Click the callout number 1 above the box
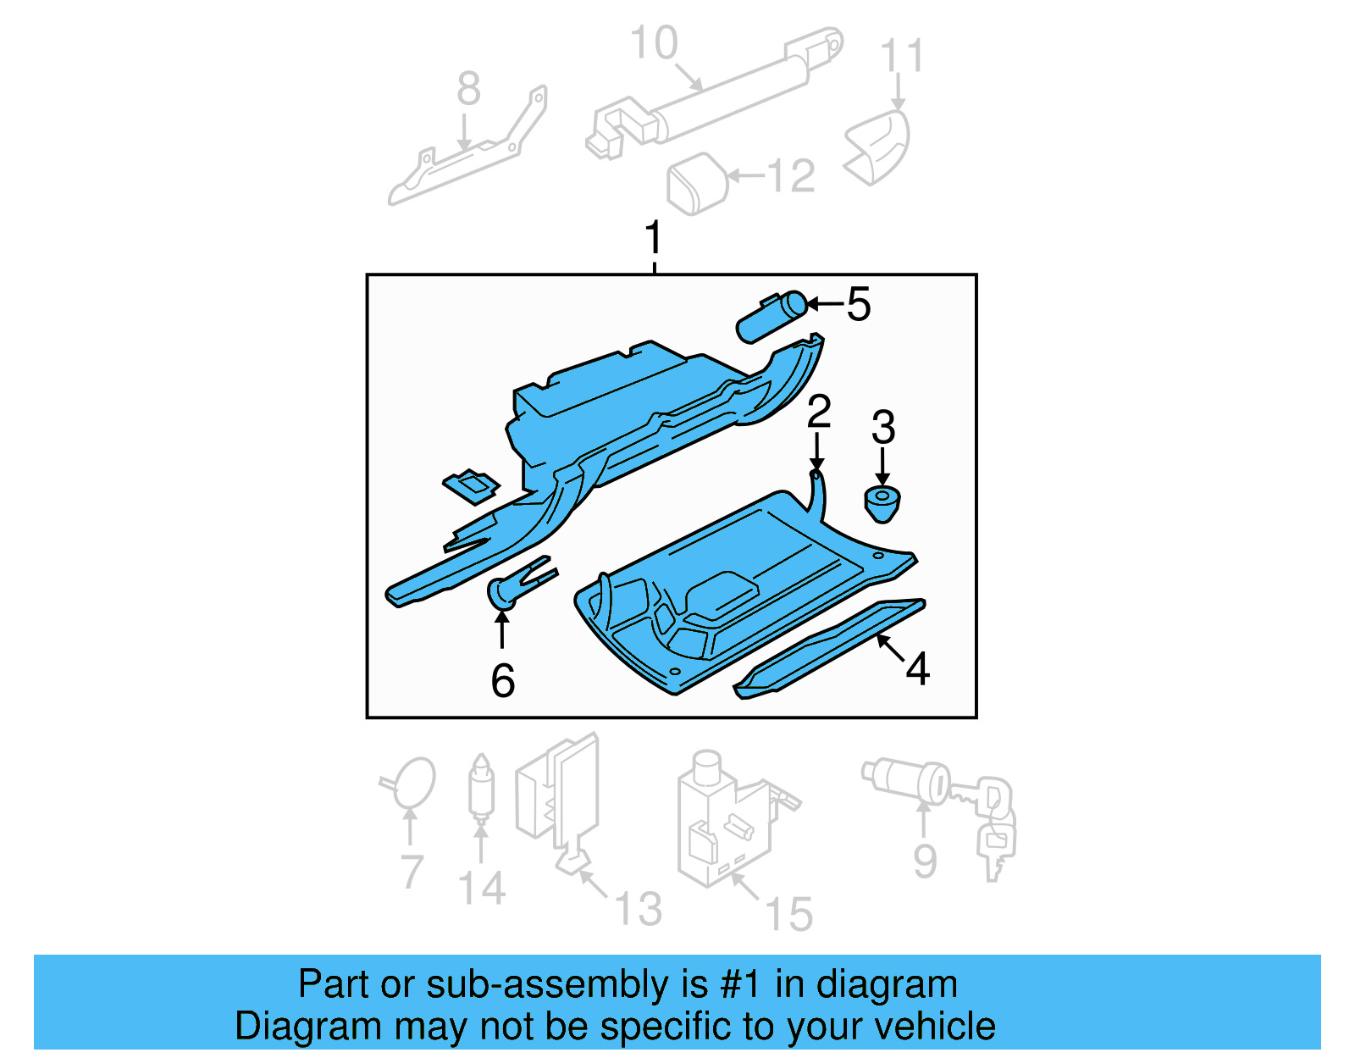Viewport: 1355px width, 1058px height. click(653, 238)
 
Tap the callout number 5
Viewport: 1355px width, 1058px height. click(858, 304)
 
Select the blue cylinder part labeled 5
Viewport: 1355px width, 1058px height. click(771, 317)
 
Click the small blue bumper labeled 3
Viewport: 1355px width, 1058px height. click(882, 503)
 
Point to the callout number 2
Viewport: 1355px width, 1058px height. click(818, 412)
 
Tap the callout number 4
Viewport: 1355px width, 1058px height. click(917, 669)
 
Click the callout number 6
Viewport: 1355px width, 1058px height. click(502, 680)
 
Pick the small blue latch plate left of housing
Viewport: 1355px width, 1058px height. click(471, 486)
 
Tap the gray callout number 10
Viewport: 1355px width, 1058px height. click(654, 43)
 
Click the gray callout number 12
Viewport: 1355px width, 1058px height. click(791, 176)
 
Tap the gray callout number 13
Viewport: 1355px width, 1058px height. click(637, 909)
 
